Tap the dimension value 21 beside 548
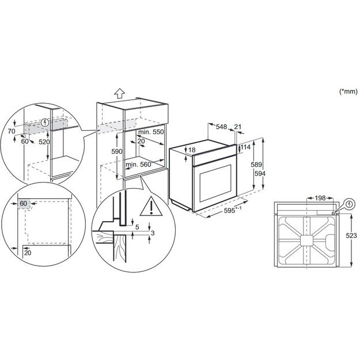point(238,127)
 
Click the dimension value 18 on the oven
point(191,150)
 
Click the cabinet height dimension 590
point(116,151)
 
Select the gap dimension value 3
point(153,232)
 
